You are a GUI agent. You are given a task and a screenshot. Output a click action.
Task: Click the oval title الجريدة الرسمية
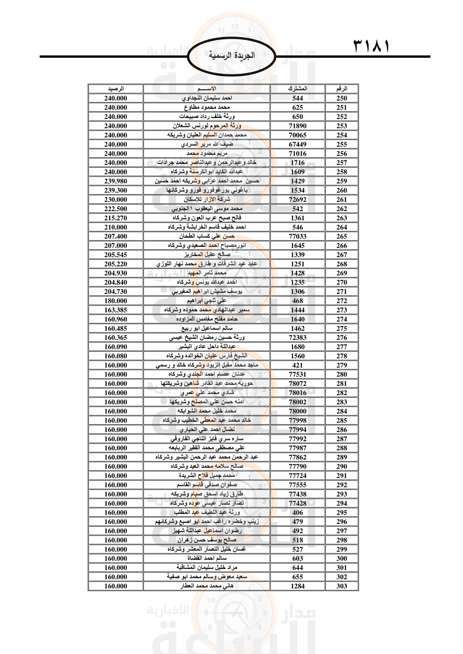231,56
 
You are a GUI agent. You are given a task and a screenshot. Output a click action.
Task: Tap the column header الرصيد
116,89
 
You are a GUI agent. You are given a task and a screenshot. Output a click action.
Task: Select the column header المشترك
298,89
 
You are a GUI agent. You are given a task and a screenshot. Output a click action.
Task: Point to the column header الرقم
342,89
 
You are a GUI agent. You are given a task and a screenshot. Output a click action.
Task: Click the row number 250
342,98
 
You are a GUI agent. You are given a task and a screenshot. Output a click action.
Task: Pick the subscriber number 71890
298,126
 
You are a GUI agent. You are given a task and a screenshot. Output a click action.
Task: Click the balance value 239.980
116,181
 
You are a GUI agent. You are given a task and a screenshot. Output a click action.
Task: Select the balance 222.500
116,209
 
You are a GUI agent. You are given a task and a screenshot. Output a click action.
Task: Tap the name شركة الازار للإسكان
207,199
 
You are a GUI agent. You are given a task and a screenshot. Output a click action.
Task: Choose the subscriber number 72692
298,200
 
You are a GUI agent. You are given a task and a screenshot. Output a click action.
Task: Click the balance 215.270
116,218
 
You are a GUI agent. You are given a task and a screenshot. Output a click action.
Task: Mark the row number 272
342,301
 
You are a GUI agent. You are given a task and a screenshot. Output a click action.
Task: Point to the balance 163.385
116,310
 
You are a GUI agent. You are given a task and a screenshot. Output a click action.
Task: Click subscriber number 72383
298,337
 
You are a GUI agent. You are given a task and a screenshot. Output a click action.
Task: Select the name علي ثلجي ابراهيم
207,301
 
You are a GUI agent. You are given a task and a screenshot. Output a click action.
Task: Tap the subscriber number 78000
298,411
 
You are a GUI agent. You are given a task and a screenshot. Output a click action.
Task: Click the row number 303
342,586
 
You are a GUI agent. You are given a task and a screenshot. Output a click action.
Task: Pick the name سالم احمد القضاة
207,558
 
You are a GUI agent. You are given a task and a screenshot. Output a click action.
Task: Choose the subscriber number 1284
298,586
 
